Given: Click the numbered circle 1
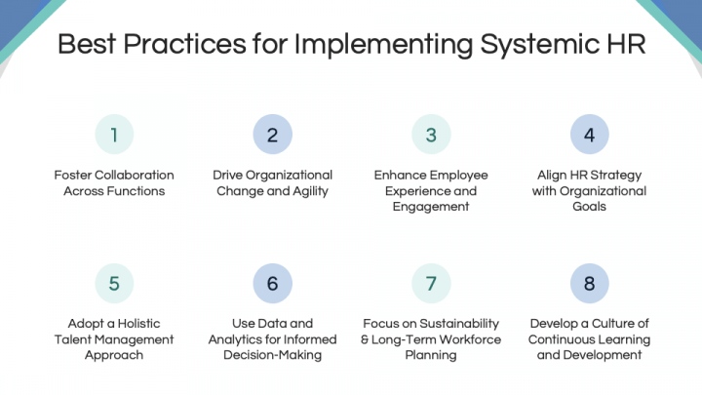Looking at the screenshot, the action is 114,135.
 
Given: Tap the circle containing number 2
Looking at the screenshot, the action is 273,135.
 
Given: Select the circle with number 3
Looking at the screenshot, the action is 431,135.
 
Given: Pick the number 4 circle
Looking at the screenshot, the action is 590,135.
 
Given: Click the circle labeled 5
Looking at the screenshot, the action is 114,283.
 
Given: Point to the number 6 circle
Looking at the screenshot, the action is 273,283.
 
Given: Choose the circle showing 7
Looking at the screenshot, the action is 431,283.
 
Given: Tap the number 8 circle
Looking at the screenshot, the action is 590,283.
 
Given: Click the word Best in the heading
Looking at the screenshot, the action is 87,44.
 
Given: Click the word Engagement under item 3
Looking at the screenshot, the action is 431,208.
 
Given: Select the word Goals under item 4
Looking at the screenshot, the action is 589,207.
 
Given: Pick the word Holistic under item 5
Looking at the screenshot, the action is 138,324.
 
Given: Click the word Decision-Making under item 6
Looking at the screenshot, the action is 273,355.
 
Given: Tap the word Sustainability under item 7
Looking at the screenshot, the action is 459,324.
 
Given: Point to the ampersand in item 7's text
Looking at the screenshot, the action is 365,340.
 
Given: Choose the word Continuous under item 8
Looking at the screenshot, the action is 559,339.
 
